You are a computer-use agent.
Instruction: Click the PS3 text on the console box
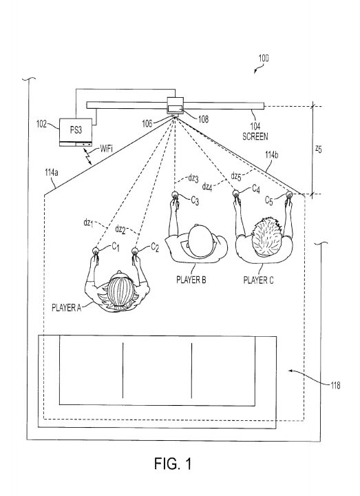tap(76, 130)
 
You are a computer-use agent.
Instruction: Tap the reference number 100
tap(264, 58)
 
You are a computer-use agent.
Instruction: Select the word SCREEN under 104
tap(255, 136)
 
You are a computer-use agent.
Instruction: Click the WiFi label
tap(106, 148)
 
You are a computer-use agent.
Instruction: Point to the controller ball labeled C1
tap(96, 251)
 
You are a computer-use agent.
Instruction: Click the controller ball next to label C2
tap(135, 251)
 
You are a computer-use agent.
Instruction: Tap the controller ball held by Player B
tap(175, 195)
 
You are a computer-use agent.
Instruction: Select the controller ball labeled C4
tap(236, 193)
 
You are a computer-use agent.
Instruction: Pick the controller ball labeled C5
tap(289, 194)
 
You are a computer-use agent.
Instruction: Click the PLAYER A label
tap(66, 307)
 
